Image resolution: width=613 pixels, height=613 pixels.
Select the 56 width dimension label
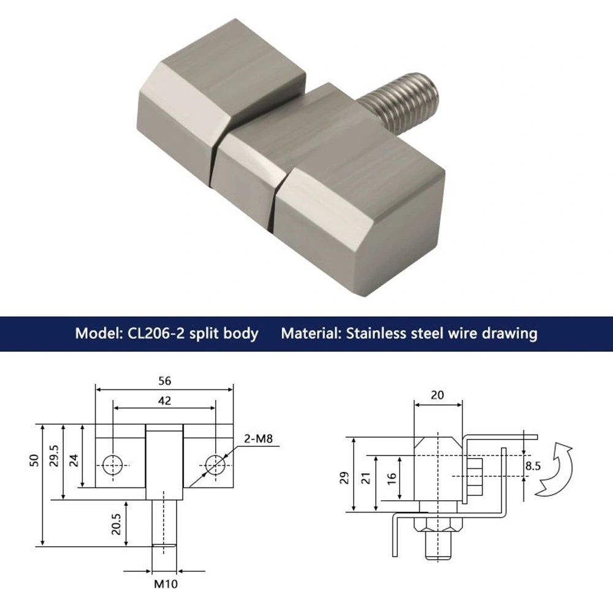pyautogui.click(x=164, y=381)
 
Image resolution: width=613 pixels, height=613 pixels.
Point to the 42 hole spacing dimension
pyautogui.click(x=164, y=401)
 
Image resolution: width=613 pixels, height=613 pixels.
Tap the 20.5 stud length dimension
pyautogui.click(x=116, y=524)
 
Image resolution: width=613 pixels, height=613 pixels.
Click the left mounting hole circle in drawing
pyautogui.click(x=112, y=464)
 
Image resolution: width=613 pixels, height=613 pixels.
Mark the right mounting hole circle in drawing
pyautogui.click(x=215, y=464)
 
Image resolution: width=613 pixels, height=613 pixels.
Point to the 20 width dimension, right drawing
pyautogui.click(x=437, y=395)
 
